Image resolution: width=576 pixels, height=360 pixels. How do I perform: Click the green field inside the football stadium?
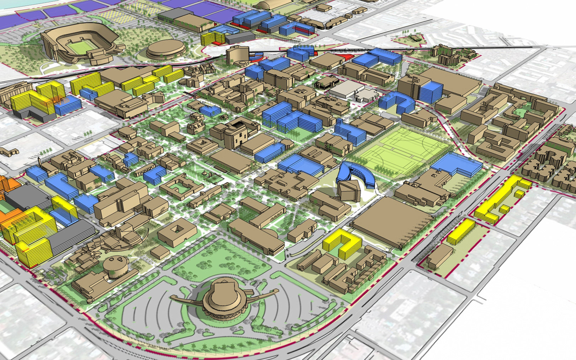pyautogui.click(x=80, y=47)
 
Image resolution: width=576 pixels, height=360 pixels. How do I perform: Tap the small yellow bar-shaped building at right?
pyautogui.click(x=461, y=231)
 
